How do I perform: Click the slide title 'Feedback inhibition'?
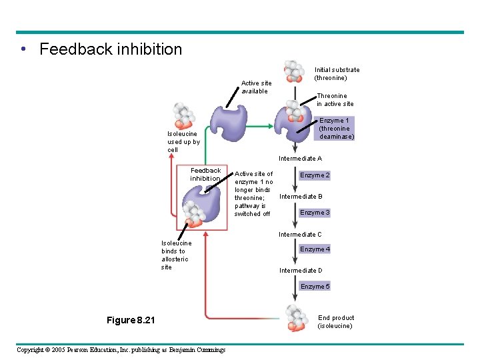[110, 49]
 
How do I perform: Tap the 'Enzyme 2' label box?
[315, 175]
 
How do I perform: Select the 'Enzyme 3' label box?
[315, 213]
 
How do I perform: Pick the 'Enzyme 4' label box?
[315, 249]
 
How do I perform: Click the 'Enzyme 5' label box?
[315, 287]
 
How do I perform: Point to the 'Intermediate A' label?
[300, 159]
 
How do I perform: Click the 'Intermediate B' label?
[301, 197]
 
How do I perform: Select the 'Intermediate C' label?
[300, 235]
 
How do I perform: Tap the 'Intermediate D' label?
[300, 271]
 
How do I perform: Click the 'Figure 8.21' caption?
[131, 321]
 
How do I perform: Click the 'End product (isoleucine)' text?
[336, 322]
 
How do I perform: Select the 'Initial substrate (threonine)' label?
[337, 73]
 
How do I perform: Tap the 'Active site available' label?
[255, 87]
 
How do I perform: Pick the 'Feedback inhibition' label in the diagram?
[205, 175]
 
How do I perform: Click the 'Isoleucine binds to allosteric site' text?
[176, 255]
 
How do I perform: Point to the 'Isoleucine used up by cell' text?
[183, 141]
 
